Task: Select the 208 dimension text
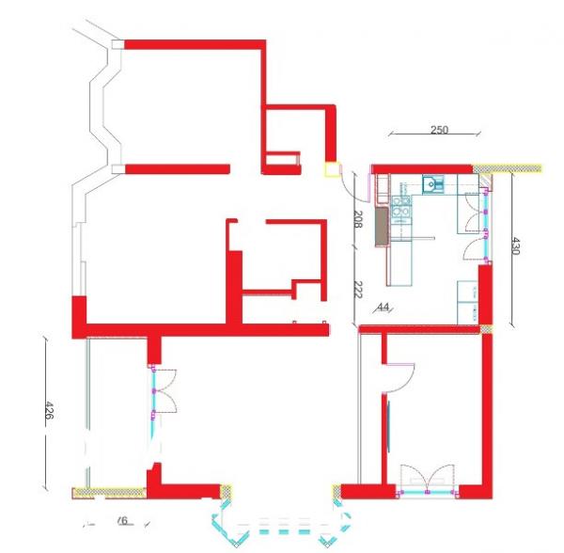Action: click(358, 221)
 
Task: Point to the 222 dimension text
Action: click(358, 291)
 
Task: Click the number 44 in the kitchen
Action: click(383, 308)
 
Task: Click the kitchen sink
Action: click(431, 184)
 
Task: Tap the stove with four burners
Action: click(401, 209)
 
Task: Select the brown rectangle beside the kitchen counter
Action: click(381, 227)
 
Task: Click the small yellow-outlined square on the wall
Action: click(331, 170)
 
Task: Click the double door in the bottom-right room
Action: click(426, 479)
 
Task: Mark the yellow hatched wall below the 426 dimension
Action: click(109, 490)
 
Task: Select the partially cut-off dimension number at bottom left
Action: click(119, 520)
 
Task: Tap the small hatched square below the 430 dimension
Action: click(486, 328)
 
